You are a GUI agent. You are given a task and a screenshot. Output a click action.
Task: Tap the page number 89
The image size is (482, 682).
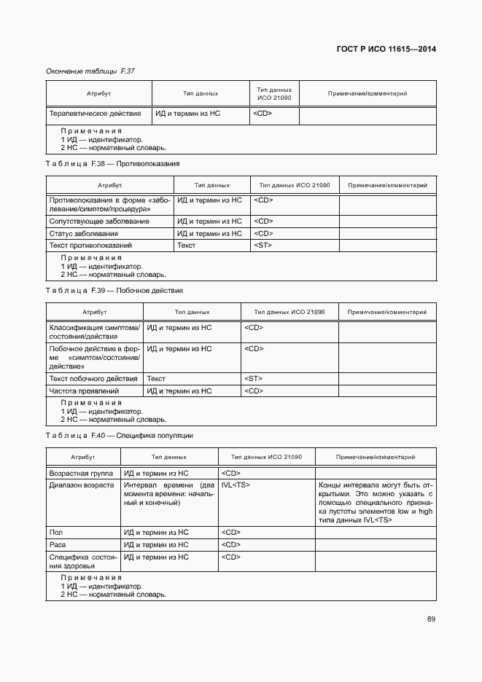pyautogui.click(x=431, y=619)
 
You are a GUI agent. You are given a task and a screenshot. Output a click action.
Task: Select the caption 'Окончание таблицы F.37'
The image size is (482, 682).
pyautogui.click(x=90, y=71)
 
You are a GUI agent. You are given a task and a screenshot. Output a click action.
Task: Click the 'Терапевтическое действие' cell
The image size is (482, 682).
pyautogui.click(x=96, y=114)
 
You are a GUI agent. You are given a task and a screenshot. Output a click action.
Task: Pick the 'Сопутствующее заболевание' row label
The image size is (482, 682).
pyautogui.click(x=99, y=221)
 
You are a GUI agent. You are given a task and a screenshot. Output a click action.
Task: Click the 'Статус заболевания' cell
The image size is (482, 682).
pyautogui.click(x=84, y=233)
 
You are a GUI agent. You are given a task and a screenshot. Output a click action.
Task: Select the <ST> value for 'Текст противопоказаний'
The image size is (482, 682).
pyautogui.click(x=263, y=246)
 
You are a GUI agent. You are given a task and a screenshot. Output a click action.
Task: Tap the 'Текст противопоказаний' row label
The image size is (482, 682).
pyautogui.click(x=90, y=246)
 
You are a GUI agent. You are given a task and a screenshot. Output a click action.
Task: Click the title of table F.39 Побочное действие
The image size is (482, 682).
pyautogui.click(x=114, y=291)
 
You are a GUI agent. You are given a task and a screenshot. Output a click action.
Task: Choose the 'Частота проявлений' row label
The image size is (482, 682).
pyautogui.click(x=84, y=391)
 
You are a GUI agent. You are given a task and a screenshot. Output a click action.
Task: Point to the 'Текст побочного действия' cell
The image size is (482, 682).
pyautogui.click(x=93, y=379)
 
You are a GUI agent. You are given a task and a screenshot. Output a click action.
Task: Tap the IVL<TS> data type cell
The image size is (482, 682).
pyautogui.click(x=236, y=485)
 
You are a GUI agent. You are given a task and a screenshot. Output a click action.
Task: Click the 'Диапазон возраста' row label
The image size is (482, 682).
pyautogui.click(x=81, y=485)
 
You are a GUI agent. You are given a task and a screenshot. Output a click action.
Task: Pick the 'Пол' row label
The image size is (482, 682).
pyautogui.click(x=55, y=533)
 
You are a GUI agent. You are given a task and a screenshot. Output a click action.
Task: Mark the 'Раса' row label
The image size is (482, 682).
pyautogui.click(x=58, y=544)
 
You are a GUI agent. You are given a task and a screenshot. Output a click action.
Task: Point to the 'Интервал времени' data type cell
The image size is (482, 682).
pyautogui.click(x=168, y=493)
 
